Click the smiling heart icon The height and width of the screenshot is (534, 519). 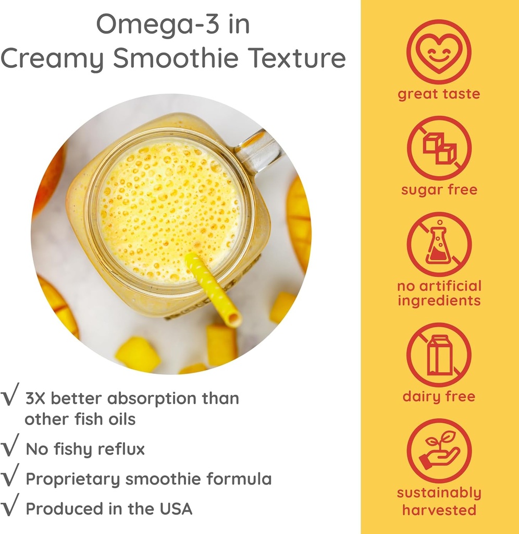(x=439, y=52)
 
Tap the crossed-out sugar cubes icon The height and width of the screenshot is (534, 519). (x=439, y=148)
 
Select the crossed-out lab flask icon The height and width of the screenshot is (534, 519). (x=439, y=244)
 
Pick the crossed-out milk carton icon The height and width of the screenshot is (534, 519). (x=439, y=355)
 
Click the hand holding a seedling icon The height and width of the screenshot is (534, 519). (x=439, y=451)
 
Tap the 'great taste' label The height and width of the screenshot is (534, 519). (x=439, y=94)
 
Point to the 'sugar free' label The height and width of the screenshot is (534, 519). (x=439, y=190)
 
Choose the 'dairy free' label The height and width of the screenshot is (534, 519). (x=439, y=396)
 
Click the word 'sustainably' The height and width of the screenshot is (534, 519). (x=439, y=493)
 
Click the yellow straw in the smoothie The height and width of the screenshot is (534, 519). (x=214, y=289)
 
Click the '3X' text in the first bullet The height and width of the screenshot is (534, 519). (x=36, y=399)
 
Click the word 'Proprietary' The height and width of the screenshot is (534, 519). (x=72, y=479)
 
